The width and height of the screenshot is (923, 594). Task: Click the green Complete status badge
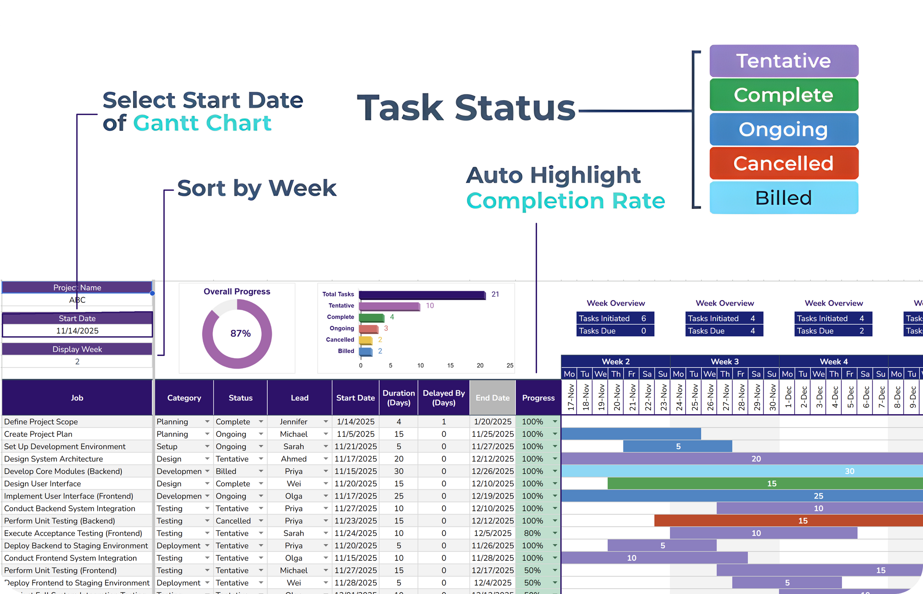[x=784, y=95]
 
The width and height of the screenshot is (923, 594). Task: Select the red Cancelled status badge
[x=784, y=163]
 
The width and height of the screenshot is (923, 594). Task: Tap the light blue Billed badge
[x=784, y=198]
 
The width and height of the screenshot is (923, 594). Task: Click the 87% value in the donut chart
[x=240, y=333]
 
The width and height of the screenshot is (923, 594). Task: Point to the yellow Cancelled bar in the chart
[x=365, y=340]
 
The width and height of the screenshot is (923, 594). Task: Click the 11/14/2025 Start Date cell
[x=77, y=331]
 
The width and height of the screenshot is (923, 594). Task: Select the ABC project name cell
[x=77, y=300]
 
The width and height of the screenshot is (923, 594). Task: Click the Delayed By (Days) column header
[x=443, y=398]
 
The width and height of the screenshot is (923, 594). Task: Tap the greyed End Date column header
[x=492, y=398]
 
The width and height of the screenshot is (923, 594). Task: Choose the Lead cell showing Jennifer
[x=294, y=422]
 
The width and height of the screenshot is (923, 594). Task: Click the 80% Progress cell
[x=532, y=533]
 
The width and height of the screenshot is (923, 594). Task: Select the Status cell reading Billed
[x=226, y=471]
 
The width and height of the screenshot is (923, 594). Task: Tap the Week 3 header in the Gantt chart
[x=724, y=362]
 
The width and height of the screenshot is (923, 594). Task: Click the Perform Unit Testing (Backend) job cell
[x=60, y=521]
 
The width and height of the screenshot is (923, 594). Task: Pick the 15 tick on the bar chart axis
[x=450, y=365]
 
